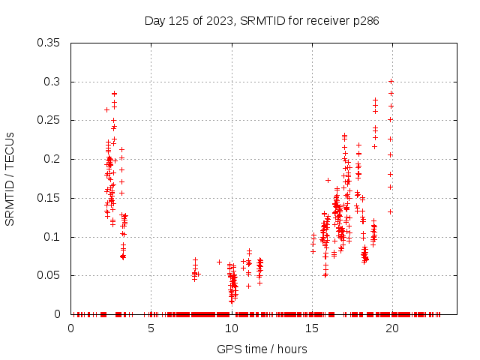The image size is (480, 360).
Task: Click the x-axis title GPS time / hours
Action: pyautogui.click(x=262, y=349)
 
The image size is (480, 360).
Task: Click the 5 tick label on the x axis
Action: pyautogui.click(x=151, y=328)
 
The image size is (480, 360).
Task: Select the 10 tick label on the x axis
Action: pyautogui.click(x=231, y=328)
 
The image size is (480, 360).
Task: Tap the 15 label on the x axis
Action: pyautogui.click(x=311, y=328)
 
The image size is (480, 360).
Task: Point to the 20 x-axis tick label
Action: pyautogui.click(x=391, y=328)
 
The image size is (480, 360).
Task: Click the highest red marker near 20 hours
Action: pyautogui.click(x=391, y=82)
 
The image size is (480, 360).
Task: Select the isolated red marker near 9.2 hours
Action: pyautogui.click(x=219, y=262)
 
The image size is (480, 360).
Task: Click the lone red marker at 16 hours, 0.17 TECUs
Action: pyautogui.click(x=328, y=180)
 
